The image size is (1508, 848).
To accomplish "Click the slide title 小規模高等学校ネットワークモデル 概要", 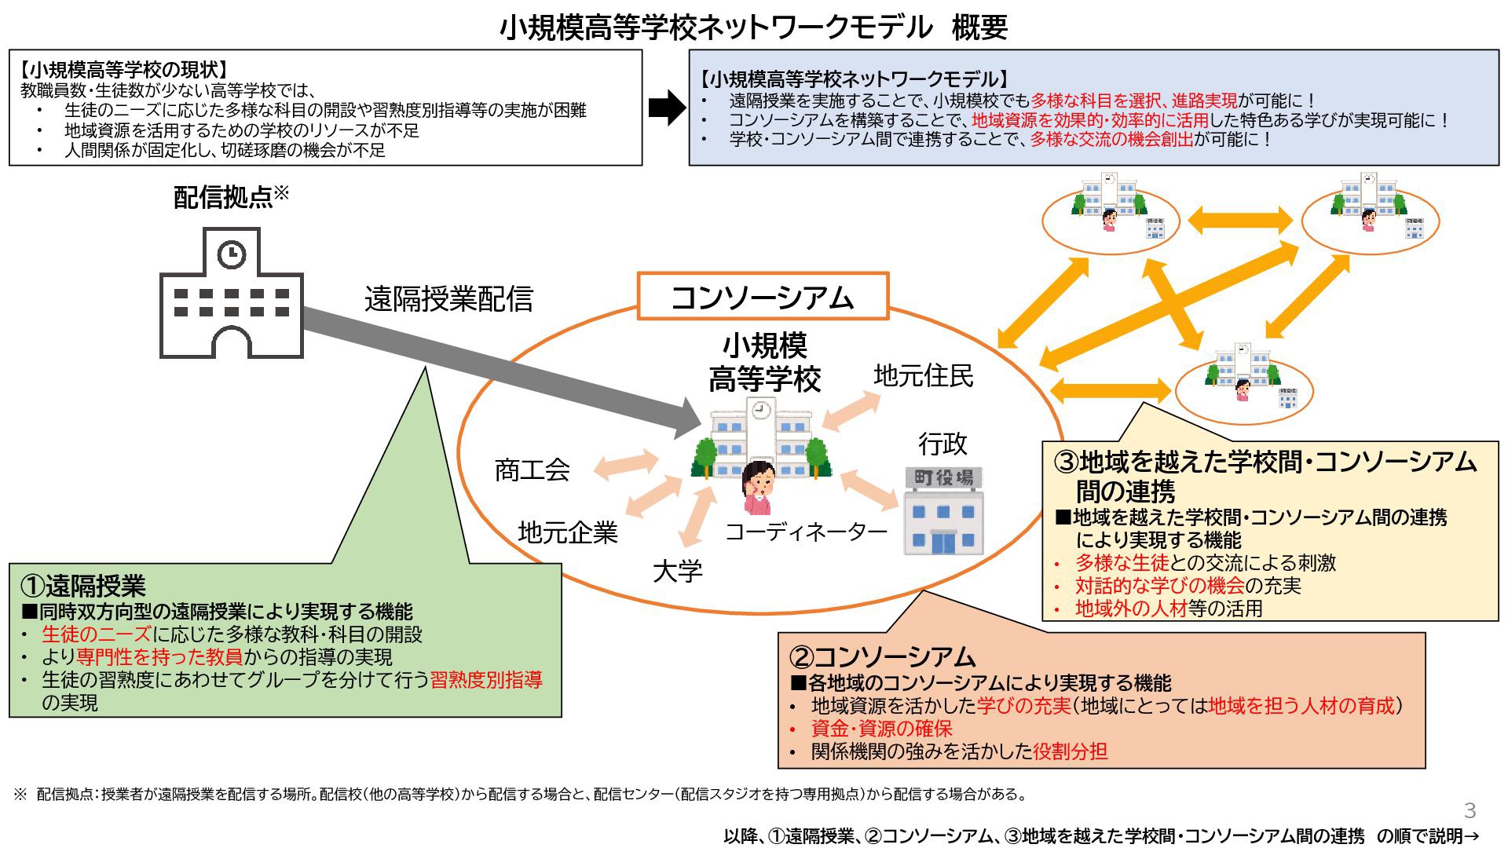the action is coord(753,28).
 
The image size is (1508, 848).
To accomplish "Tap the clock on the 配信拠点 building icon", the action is coord(232,254).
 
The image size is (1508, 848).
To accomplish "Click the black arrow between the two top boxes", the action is coord(667,108).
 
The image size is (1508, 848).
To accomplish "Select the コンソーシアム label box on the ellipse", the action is coord(763,296).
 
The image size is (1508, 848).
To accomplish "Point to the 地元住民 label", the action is coord(924,375).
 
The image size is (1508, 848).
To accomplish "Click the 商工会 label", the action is coord(533,470).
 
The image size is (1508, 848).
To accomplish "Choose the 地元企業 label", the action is coord(568,532).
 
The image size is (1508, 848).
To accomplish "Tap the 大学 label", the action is coord(678,571).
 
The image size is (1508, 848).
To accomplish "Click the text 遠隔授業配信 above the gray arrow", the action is coord(448,298).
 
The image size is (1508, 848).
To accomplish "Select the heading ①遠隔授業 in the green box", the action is coord(83,585).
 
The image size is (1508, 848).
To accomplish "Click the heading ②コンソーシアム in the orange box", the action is coord(882,656).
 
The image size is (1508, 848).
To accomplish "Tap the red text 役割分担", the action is coord(1071,751).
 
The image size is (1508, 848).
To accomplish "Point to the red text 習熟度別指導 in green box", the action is coord(486,679).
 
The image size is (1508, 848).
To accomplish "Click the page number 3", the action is coord(1470,810).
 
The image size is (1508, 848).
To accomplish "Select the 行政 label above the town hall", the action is coord(943,444).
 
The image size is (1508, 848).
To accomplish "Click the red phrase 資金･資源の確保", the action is coord(882,729).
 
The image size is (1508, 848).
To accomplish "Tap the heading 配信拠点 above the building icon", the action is coord(223,198).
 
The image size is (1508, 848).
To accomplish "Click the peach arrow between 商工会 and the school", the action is coord(626,464).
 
